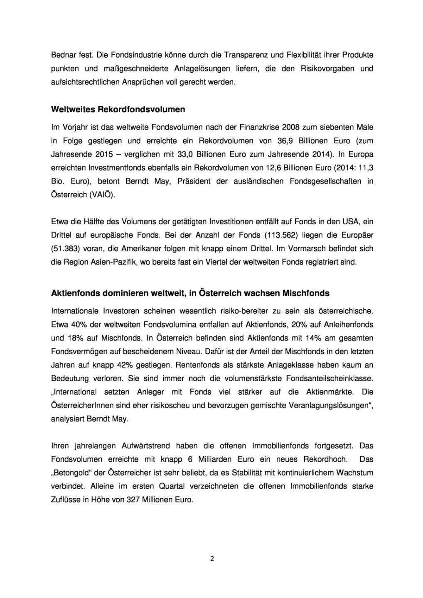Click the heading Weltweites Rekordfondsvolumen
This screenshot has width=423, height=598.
click(x=118, y=110)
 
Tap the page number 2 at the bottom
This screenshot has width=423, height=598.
click(x=211, y=559)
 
